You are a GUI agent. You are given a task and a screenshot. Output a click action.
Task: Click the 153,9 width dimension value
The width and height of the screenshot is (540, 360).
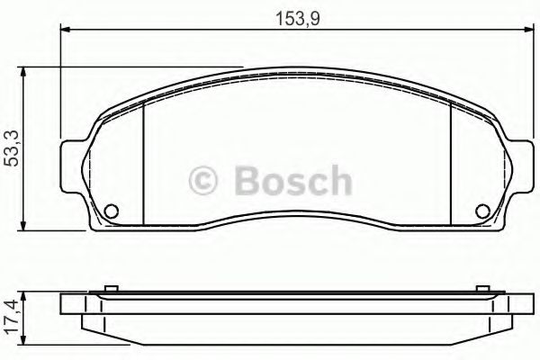293,16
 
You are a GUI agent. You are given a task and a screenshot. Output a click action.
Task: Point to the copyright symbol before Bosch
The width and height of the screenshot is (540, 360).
202,182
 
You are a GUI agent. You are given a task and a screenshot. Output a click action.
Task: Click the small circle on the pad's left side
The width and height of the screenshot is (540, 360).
112,212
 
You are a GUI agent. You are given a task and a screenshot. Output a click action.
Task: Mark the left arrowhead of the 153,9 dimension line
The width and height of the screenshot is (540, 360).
65,30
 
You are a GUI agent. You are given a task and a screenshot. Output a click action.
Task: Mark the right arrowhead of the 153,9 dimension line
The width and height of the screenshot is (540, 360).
526,30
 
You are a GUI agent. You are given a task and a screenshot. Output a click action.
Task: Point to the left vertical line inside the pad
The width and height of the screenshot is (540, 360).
145,162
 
